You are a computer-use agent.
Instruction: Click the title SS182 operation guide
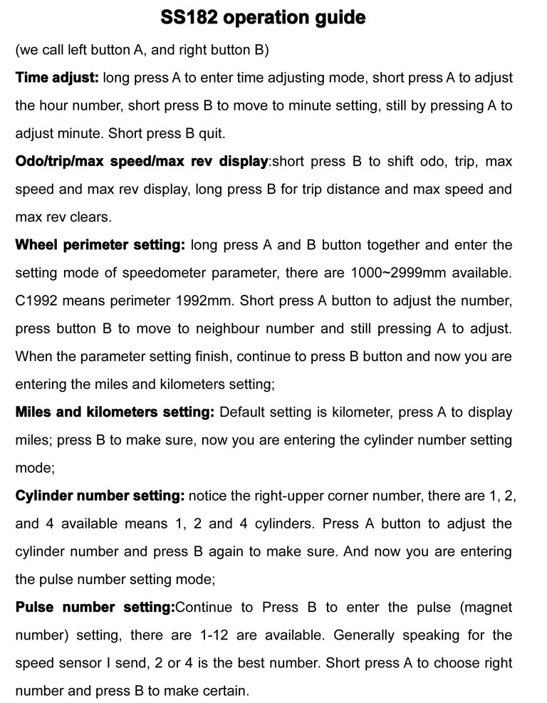[x=273, y=17]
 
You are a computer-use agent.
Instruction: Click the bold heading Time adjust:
[x=57, y=78]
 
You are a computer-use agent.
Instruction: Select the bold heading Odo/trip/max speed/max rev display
[x=141, y=162]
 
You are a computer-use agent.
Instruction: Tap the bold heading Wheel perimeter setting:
[x=100, y=245]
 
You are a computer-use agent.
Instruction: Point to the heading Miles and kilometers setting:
[x=114, y=412]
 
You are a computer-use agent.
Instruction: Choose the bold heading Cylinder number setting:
[x=100, y=496]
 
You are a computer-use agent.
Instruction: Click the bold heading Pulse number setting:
[x=95, y=608]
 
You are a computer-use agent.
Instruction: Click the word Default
[x=244, y=412]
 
